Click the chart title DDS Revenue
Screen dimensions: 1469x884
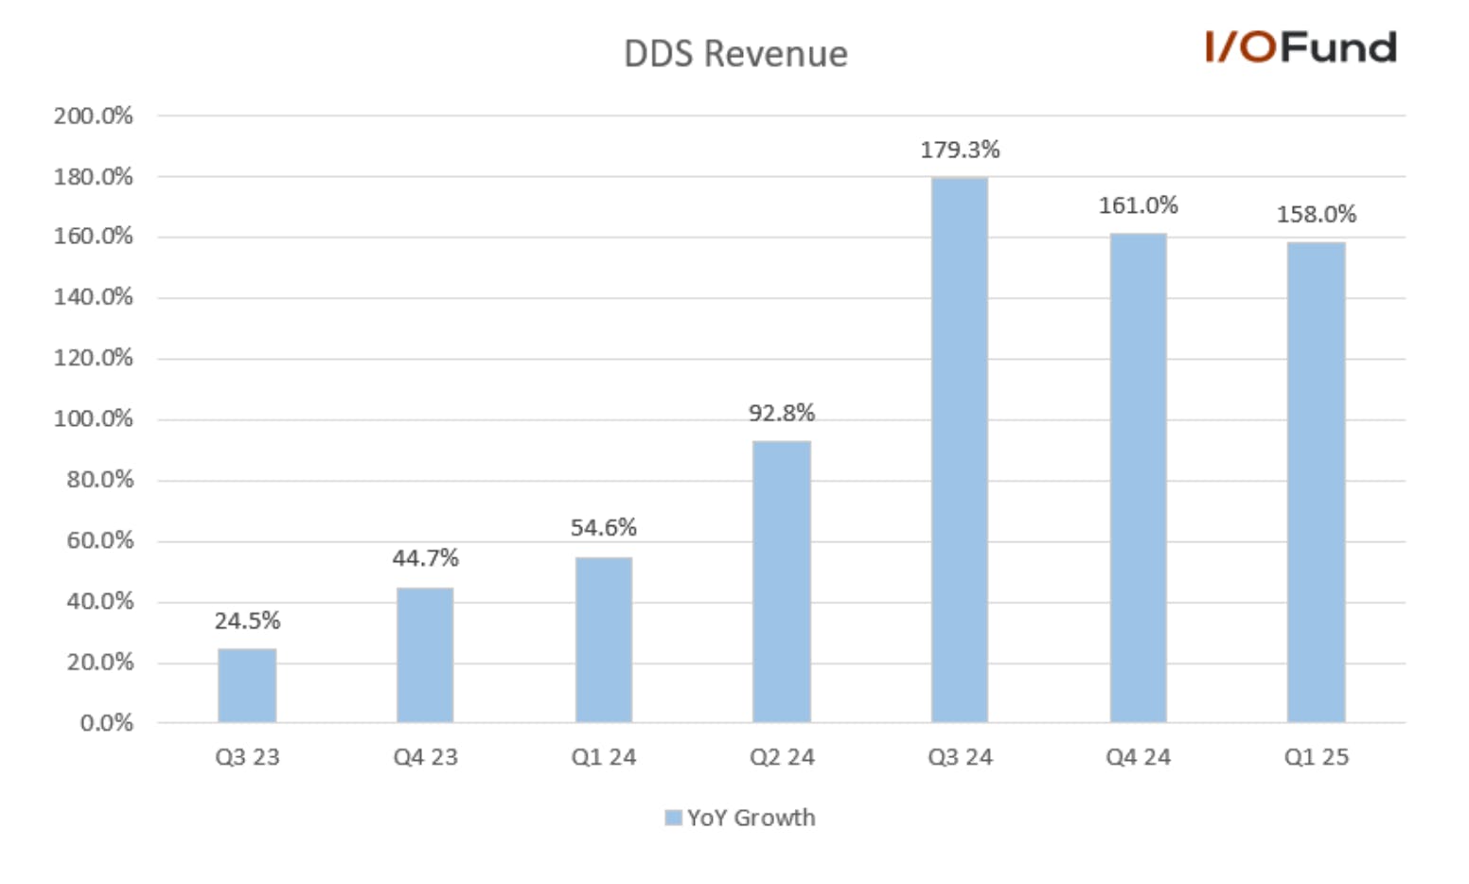point(735,54)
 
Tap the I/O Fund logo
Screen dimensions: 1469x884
point(1301,47)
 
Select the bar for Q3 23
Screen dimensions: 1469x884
point(247,685)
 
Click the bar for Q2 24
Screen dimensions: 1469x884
point(782,582)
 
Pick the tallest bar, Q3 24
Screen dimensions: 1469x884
point(960,450)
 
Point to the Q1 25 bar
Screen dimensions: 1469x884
point(1317,482)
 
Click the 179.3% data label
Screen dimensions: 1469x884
point(960,150)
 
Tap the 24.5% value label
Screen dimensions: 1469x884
point(247,620)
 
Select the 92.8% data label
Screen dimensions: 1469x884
point(782,414)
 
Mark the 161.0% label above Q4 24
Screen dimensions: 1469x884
point(1139,206)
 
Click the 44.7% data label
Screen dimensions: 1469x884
point(426,558)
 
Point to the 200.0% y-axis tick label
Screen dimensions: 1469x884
point(93,116)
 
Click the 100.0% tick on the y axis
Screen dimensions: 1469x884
point(93,419)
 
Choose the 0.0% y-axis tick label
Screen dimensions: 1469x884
point(107,723)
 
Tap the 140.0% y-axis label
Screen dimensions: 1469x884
point(93,297)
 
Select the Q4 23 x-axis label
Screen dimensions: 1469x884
point(426,757)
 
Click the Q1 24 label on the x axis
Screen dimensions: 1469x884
point(604,757)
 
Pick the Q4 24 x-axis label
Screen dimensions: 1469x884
point(1139,757)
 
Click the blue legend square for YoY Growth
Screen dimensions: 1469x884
point(674,818)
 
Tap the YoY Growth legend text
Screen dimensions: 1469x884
point(752,818)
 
